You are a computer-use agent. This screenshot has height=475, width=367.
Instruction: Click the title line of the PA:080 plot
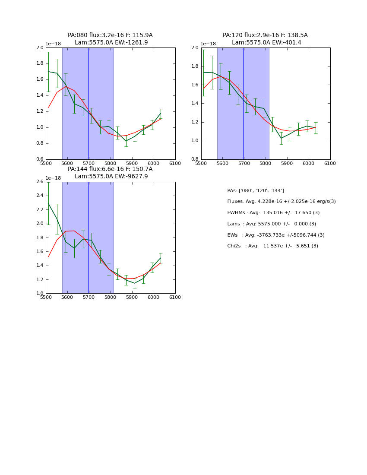[110, 35]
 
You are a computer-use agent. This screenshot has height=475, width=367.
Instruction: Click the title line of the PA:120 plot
[265, 35]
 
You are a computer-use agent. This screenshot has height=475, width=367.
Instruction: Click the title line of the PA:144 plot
[110, 169]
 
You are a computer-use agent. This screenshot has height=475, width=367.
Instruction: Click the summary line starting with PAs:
[256, 190]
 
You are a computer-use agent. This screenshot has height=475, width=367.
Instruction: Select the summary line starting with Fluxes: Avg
[281, 202]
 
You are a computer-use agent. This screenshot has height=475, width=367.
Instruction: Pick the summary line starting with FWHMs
[273, 213]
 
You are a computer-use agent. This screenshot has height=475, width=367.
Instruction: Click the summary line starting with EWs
[276, 235]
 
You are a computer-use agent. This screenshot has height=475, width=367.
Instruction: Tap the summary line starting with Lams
[272, 224]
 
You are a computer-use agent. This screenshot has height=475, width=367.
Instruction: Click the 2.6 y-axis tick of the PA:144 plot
[40, 182]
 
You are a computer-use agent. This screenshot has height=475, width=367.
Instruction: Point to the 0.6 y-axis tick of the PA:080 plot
[40, 159]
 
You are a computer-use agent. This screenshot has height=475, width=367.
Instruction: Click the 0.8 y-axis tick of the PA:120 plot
[195, 159]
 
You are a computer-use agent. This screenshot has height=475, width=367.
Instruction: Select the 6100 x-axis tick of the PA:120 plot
[330, 163]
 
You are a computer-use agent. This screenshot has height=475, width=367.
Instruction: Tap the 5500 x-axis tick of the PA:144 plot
[46, 297]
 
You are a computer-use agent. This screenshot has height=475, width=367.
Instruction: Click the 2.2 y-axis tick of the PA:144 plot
[40, 210]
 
